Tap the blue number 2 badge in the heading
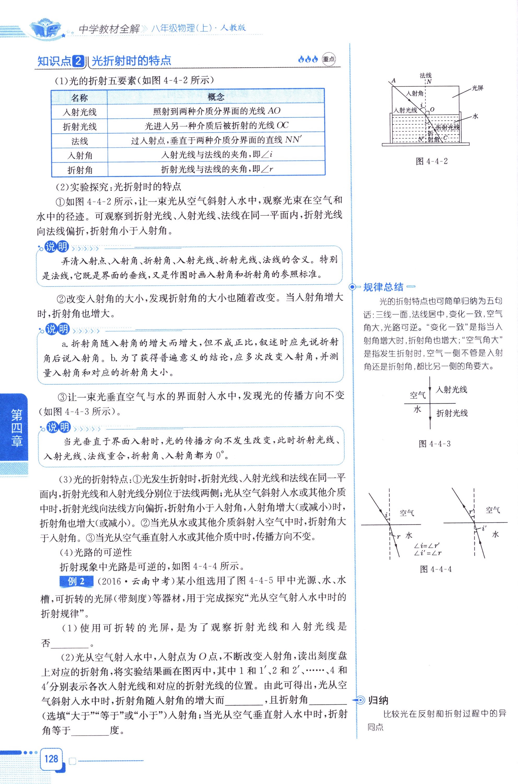click(78, 61)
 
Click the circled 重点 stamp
click(328, 60)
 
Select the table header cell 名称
click(79, 98)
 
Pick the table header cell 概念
click(216, 97)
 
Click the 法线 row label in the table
click(80, 141)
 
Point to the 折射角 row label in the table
click(80, 170)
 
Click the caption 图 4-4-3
click(434, 444)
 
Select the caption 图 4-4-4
click(435, 569)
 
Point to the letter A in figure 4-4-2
click(393, 80)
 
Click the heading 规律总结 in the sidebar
click(383, 287)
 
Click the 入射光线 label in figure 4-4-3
click(451, 390)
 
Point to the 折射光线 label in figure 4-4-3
click(452, 413)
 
